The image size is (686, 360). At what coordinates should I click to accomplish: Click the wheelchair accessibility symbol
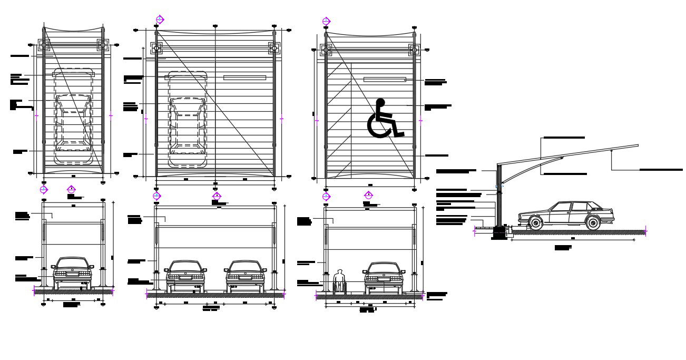(x=384, y=119)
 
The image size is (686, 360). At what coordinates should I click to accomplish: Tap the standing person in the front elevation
(x=340, y=281)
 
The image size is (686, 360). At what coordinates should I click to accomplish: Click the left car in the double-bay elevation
(x=185, y=275)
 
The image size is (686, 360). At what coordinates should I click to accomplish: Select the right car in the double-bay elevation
(x=246, y=275)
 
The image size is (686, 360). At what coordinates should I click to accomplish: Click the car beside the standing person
(x=384, y=276)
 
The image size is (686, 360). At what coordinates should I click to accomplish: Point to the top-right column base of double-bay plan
(x=273, y=48)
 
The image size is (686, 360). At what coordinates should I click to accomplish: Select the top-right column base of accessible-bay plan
(x=414, y=51)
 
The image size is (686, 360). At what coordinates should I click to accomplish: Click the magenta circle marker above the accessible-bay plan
(x=326, y=22)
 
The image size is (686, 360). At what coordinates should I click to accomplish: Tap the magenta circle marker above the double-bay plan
(x=160, y=20)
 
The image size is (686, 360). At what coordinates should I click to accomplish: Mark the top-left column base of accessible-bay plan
(x=325, y=51)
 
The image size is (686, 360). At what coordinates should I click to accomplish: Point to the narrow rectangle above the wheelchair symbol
(x=385, y=80)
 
